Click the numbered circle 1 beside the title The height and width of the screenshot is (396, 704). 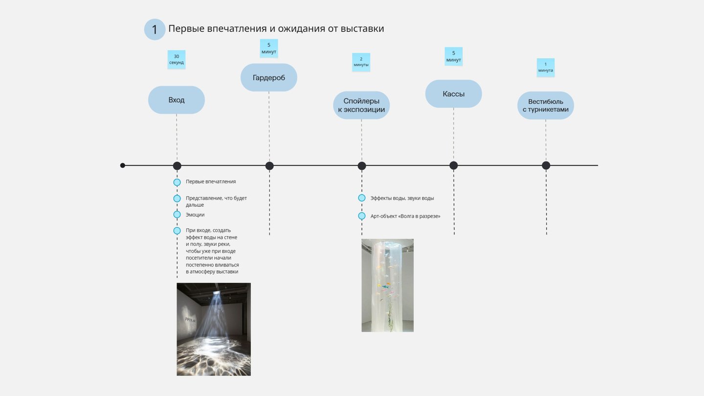click(x=154, y=29)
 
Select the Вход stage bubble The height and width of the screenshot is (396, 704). click(x=176, y=100)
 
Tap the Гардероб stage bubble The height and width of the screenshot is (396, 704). click(x=269, y=77)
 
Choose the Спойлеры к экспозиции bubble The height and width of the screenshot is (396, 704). click(x=361, y=105)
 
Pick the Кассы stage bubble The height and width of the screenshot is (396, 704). click(x=454, y=94)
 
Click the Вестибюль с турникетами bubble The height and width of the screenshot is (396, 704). click(x=546, y=106)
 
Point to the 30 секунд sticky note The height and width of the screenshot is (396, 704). click(x=176, y=60)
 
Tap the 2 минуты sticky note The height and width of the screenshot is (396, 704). click(x=361, y=62)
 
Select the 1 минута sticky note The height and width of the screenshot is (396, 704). click(x=546, y=67)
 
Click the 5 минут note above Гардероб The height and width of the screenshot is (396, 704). click(x=269, y=48)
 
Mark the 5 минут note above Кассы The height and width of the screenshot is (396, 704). click(x=454, y=57)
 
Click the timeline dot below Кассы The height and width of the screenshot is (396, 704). click(x=454, y=165)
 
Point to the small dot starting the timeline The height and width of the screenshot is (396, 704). click(x=123, y=165)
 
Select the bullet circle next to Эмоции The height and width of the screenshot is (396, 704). click(x=177, y=215)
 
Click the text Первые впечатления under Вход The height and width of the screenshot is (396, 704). click(x=211, y=181)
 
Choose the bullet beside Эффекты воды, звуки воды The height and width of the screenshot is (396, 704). click(x=362, y=198)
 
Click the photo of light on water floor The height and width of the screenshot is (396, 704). click(x=214, y=329)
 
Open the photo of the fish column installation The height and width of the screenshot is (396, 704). click(x=388, y=285)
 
